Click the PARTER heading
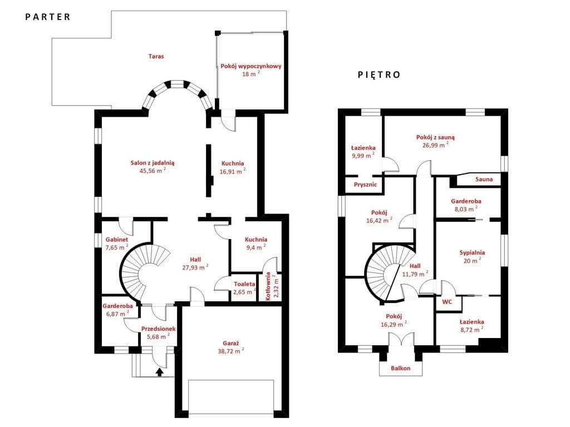pos(48,17)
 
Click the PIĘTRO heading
pos(379,75)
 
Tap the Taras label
pos(156,56)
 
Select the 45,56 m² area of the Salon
pos(153,171)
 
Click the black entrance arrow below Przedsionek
pos(159,372)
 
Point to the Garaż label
pos(230,343)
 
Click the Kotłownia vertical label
pos(268,286)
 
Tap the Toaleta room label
pos(244,284)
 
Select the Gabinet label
pos(117,240)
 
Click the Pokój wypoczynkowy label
pos(251,66)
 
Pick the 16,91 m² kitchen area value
pos(233,171)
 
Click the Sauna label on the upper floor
pos(484,179)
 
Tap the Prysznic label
pos(365,185)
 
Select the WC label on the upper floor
pos(447,302)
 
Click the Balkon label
pos(401,368)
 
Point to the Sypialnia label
pos(472,253)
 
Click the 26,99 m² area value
pos(435,145)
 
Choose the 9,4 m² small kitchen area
pos(255,247)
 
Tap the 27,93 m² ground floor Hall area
pos(195,267)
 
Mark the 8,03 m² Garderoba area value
pos(466,209)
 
